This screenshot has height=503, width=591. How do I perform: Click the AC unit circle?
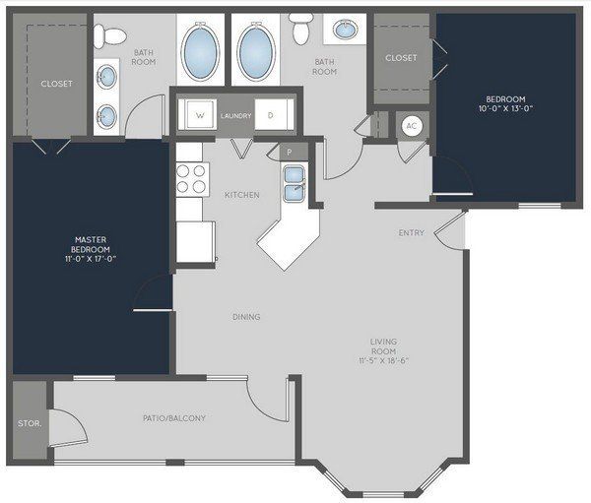click(411, 125)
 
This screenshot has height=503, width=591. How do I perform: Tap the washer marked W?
click(198, 115)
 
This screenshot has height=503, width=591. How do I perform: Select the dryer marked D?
click(274, 115)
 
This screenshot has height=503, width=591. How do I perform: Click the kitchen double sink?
click(295, 183)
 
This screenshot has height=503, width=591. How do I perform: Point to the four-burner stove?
click(193, 179)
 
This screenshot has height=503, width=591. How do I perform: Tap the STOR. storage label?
click(30, 423)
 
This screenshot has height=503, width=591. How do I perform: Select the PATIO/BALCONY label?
click(174, 417)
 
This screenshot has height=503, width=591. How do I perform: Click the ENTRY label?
click(411, 233)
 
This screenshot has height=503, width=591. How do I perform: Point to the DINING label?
click(246, 317)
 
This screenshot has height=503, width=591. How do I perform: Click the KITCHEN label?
click(242, 195)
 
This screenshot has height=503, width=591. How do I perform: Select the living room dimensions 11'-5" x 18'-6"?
click(384, 360)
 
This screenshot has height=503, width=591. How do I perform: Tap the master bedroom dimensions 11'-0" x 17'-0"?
click(91, 259)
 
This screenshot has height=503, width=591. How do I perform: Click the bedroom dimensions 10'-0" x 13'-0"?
click(505, 109)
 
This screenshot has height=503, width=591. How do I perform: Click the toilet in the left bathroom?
click(109, 36)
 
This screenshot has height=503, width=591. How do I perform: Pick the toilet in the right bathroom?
click(302, 30)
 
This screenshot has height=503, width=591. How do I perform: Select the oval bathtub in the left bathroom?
click(200, 51)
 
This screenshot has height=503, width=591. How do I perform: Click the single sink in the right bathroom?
click(346, 29)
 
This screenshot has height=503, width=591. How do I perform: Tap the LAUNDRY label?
click(236, 116)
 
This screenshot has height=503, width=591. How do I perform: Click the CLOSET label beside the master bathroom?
click(56, 84)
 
